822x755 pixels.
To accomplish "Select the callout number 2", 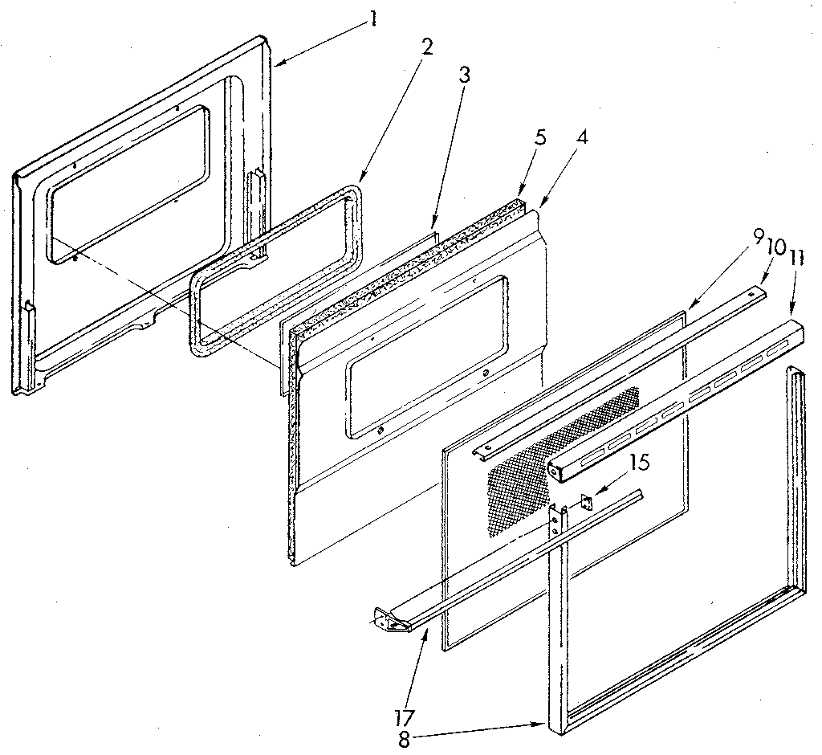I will coord(426,47).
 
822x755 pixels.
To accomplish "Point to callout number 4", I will coord(581,137).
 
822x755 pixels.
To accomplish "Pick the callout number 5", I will coord(540,137).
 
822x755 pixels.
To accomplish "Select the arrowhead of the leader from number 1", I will coord(277,62).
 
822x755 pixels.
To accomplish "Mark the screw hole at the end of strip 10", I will coord(751,293).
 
